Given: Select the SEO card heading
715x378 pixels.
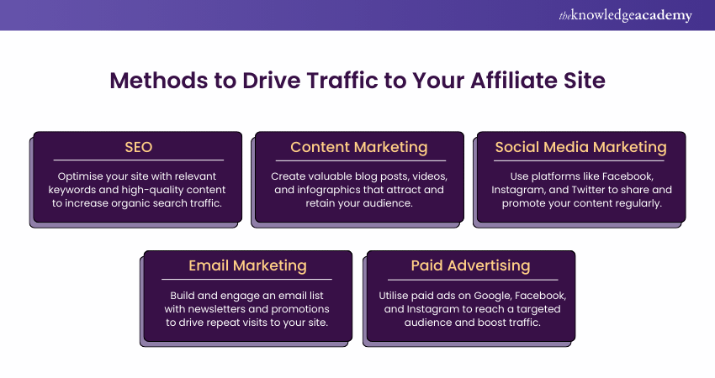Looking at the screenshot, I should [x=138, y=147].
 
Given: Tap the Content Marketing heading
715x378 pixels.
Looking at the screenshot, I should [x=358, y=147].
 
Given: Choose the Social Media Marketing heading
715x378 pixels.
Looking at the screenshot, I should [x=580, y=147].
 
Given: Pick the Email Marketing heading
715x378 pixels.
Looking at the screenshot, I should [x=247, y=265].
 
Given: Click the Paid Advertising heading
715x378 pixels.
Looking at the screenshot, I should [x=470, y=265].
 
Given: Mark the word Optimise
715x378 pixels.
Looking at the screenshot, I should [x=82, y=177].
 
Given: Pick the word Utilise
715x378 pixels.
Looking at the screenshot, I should [x=399, y=296].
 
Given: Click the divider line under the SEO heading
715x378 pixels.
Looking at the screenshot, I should [x=138, y=160].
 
